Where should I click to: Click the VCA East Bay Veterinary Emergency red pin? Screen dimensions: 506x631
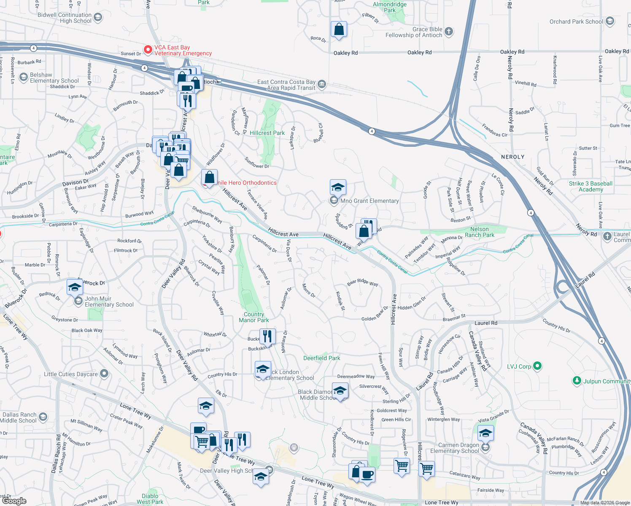pyautogui.click(x=148, y=50)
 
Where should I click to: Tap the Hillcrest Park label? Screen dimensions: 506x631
pyautogui.click(x=267, y=133)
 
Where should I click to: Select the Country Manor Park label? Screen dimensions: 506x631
pyautogui.click(x=254, y=317)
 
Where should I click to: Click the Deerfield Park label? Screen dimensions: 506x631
pyautogui.click(x=321, y=358)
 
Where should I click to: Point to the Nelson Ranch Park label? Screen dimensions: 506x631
pyautogui.click(x=480, y=232)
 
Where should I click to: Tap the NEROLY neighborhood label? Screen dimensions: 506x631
pyautogui.click(x=512, y=157)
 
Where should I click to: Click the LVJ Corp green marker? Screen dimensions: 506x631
pyautogui.click(x=537, y=366)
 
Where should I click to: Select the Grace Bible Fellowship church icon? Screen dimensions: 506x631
pyautogui.click(x=449, y=31)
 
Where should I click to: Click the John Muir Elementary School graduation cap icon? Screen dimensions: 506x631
pyautogui.click(x=75, y=288)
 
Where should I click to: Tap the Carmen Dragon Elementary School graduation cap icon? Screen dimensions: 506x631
pyautogui.click(x=485, y=433)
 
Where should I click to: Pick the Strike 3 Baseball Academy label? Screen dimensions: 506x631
pyautogui.click(x=591, y=186)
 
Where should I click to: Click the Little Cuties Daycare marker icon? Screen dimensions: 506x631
pyautogui.click(x=104, y=374)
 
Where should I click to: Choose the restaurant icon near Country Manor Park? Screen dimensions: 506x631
pyautogui.click(x=267, y=336)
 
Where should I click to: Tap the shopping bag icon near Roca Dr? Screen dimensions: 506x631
pyautogui.click(x=339, y=30)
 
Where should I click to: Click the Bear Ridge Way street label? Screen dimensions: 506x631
pyautogui.click(x=362, y=282)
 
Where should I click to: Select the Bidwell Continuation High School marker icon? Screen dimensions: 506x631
pyautogui.click(x=98, y=17)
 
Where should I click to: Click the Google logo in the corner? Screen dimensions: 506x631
pyautogui.click(x=14, y=501)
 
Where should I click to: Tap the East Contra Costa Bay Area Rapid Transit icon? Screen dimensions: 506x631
pyautogui.click(x=322, y=84)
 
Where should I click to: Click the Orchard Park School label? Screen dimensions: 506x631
pyautogui.click(x=576, y=22)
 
